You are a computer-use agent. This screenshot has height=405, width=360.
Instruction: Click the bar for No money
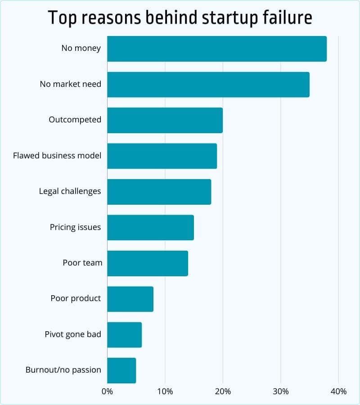tap(217, 49)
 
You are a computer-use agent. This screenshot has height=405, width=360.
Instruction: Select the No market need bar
tap(208, 84)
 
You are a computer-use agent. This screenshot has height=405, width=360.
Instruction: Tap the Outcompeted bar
tap(165, 120)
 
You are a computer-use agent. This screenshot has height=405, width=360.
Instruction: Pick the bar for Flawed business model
tap(162, 156)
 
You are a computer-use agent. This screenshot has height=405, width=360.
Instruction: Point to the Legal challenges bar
tap(159, 192)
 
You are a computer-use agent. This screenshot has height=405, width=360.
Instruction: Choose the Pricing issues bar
tap(150, 227)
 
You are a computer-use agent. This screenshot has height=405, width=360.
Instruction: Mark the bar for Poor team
tap(148, 263)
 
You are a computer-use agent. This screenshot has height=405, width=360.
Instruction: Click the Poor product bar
tap(130, 299)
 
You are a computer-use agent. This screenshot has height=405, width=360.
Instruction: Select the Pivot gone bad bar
tap(124, 335)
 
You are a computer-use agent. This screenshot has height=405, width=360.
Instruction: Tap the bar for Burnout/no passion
tap(121, 370)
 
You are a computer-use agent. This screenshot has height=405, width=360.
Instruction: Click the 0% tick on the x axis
tap(107, 391)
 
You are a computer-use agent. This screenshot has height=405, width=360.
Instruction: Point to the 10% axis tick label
tap(165, 391)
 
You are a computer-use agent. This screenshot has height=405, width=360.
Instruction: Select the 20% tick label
tap(223, 391)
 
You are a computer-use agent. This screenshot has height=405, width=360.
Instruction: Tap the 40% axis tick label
tap(338, 391)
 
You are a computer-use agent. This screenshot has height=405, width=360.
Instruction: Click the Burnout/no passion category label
tap(63, 370)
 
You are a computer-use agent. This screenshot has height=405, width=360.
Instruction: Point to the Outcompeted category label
tap(75, 120)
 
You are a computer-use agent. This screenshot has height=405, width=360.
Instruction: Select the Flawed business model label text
tap(57, 156)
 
